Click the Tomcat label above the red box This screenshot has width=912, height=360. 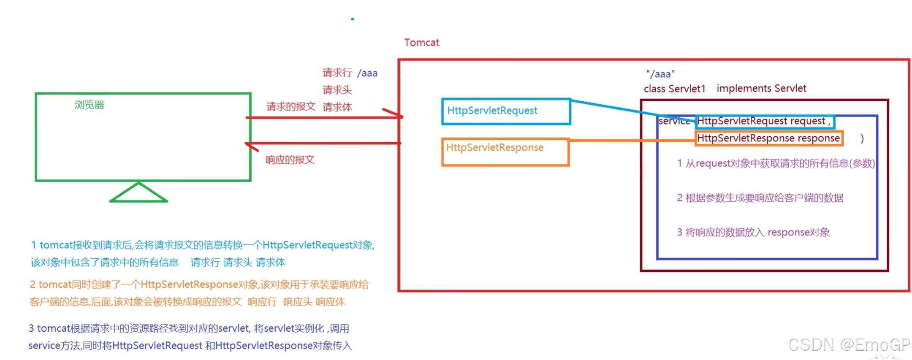[421, 43]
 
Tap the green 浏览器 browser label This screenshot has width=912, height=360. [89, 105]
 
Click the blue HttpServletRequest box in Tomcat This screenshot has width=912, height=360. [506, 111]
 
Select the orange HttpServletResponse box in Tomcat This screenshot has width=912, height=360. [505, 152]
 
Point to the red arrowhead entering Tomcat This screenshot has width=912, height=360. [395, 114]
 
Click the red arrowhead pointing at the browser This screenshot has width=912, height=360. [252, 146]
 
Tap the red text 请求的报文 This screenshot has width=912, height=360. [290, 107]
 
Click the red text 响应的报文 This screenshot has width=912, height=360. [290, 160]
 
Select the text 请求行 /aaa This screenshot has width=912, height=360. [350, 73]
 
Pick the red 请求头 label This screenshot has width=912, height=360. [337, 90]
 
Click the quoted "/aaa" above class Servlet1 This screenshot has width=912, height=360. [660, 74]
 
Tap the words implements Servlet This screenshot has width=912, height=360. [761, 88]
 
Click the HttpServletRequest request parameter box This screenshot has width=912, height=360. [764, 122]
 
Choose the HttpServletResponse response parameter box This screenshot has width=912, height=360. [768, 138]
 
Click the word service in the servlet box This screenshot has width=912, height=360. [674, 122]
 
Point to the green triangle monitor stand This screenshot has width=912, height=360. [138, 194]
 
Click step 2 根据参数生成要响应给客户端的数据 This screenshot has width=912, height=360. [760, 198]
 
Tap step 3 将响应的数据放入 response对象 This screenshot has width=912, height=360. [753, 233]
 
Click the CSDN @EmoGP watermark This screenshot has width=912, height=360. [849, 345]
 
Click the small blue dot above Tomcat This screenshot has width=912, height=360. [353, 19]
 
